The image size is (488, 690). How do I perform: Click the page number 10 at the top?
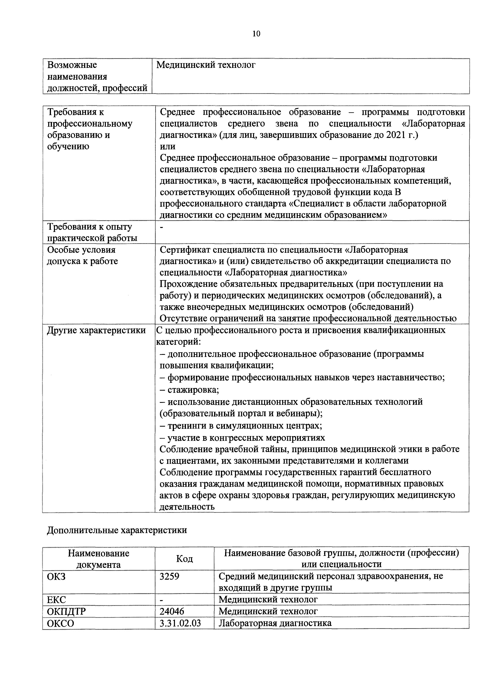click(256, 34)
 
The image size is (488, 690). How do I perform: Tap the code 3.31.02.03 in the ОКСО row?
click(180, 623)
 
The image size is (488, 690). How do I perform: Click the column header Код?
click(184, 559)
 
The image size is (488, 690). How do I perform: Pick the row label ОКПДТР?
click(67, 611)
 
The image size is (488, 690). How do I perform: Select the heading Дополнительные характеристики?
click(117, 530)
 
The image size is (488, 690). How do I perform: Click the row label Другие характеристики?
click(96, 330)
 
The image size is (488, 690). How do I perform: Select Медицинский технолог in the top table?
click(206, 65)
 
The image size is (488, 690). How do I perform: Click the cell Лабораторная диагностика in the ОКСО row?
click(275, 623)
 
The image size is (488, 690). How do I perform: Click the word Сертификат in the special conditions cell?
click(185, 250)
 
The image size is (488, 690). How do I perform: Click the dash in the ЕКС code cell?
click(162, 600)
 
